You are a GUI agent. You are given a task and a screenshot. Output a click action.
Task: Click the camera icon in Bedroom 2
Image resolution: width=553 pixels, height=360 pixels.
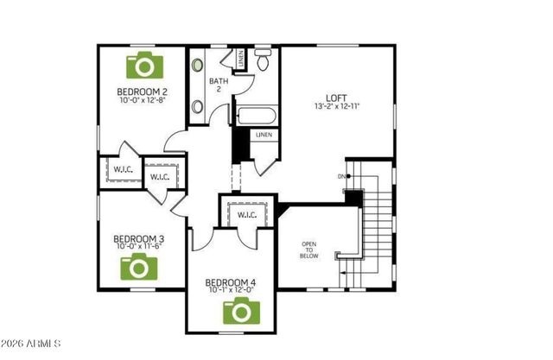pos(145,66)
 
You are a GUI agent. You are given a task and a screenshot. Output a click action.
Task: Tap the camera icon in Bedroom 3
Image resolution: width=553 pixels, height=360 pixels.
pos(139,268)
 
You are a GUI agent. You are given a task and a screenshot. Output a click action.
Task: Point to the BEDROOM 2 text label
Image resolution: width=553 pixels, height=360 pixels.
pos(142,91)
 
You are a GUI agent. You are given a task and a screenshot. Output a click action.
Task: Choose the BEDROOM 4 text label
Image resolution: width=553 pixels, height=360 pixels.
pos(230,282)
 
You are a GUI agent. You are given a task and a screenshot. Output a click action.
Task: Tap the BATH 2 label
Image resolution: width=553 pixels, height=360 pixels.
pos(219,85)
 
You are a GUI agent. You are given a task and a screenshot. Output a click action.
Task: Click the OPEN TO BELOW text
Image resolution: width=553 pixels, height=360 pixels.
pos(309,250)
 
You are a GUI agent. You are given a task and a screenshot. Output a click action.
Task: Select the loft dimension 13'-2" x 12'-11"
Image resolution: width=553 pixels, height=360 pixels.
pos(338,106)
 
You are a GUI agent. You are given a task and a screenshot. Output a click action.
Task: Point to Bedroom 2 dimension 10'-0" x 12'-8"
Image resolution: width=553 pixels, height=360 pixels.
pos(142,100)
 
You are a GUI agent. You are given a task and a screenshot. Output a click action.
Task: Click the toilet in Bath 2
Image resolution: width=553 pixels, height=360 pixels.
pos(264,60)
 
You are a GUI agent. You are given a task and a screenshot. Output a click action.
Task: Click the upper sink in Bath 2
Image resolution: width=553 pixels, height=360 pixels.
pos(197,65)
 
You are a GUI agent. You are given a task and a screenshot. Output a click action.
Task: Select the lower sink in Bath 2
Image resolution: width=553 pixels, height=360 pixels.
pos(197,107)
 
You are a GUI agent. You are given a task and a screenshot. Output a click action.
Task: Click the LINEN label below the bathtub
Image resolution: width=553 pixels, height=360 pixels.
pos(264,135)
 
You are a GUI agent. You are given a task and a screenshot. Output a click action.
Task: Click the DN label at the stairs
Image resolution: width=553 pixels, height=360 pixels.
pos(342,177)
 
